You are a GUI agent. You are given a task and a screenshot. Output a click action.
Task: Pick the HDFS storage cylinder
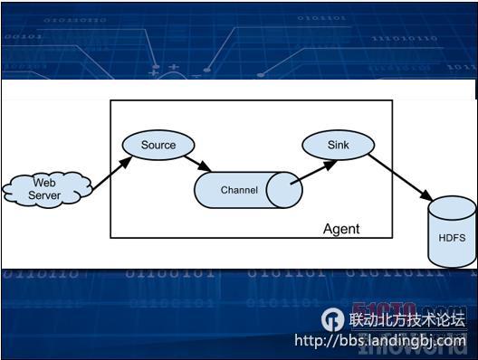tap(452, 235)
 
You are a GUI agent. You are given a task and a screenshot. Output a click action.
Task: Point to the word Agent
tap(340, 229)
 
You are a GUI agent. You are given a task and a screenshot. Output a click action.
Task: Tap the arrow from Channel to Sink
tap(313, 172)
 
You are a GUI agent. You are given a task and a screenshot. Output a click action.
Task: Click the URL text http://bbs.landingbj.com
tap(380, 341)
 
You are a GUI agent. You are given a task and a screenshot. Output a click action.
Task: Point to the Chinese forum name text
tap(406, 319)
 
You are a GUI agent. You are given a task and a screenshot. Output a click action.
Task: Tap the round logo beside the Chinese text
tap(333, 319)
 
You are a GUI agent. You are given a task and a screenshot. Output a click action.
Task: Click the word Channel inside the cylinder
tap(239, 190)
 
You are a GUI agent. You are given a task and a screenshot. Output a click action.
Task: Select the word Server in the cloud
tap(44, 195)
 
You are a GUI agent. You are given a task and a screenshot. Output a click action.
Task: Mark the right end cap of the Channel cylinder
tap(283, 190)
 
